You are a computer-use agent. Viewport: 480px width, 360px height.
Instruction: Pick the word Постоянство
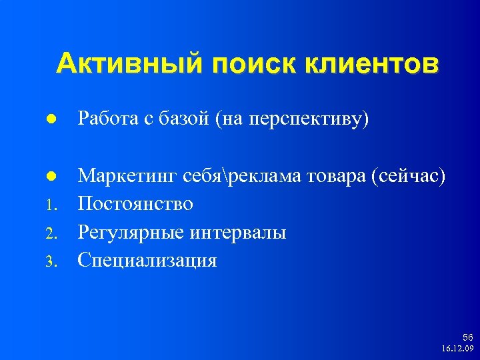[135, 203]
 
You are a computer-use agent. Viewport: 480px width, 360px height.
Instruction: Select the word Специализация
[147, 260]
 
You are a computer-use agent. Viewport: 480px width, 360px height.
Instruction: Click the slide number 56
[467, 338]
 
